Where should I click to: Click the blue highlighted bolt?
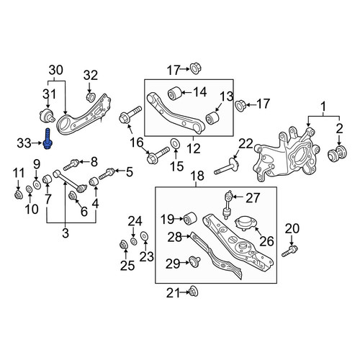48,139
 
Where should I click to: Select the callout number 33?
24,143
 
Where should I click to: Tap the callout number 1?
323,107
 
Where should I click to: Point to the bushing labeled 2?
337,153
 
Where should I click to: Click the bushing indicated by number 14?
174,93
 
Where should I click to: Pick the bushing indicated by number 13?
213,118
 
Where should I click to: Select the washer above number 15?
175,143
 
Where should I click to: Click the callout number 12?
194,149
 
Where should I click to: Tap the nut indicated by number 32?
91,97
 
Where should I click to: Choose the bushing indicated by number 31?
47,115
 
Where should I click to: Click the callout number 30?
56,70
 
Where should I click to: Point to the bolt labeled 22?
226,167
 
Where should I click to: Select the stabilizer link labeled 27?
228,204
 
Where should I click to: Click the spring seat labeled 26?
246,223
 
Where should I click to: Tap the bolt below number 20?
289,251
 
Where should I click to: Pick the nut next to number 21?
194,292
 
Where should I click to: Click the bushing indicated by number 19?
190,218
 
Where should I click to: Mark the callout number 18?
198,176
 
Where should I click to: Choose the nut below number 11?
18,194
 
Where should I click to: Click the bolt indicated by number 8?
71,164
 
